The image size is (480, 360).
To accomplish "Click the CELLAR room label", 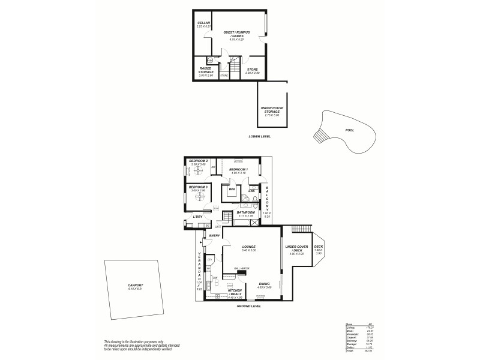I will pos(203,23).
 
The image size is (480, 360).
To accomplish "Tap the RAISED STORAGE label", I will pos(206,70).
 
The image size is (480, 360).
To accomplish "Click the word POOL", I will pos(350,130).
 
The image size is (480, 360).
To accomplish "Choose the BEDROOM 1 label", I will pos(238,170).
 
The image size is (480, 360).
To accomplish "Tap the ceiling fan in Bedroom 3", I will pos(199,197).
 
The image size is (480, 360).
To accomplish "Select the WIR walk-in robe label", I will pos(230,188).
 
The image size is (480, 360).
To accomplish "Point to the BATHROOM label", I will pos(246,212).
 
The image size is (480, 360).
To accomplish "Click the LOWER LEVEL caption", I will pos(260,136).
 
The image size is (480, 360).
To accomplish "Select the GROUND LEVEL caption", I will pos(248,305).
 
